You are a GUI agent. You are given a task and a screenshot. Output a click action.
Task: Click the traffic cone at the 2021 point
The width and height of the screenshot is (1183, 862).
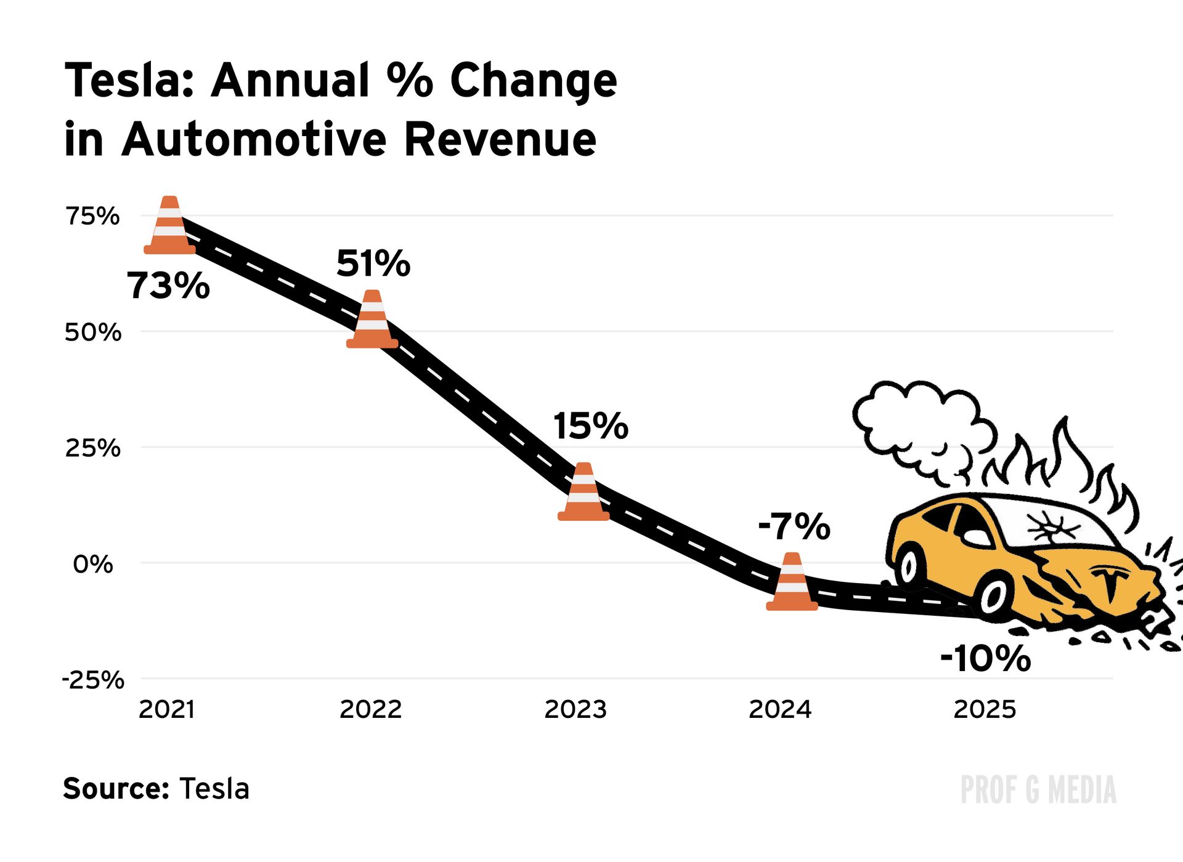[169, 226]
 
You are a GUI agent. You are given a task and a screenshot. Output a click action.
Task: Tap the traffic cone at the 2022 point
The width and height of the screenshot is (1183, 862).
[372, 320]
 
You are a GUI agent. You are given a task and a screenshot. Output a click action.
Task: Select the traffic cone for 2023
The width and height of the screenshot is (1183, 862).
[583, 493]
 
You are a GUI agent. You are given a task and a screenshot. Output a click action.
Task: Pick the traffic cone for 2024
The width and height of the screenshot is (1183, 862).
[792, 582]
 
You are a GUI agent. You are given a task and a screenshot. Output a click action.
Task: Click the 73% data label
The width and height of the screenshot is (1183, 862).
[168, 286]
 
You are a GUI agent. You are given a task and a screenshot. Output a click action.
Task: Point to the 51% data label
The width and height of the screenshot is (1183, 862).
[373, 264]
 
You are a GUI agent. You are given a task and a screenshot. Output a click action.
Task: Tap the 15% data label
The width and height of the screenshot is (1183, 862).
[590, 426]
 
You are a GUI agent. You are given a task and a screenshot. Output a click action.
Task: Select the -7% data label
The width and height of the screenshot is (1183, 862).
[794, 527]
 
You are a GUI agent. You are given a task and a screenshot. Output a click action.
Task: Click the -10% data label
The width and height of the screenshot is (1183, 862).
[985, 658]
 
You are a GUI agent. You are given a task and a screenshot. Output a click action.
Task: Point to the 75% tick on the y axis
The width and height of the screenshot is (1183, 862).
[92, 216]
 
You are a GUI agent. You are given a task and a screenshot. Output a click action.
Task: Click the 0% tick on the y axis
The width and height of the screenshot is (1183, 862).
[93, 564]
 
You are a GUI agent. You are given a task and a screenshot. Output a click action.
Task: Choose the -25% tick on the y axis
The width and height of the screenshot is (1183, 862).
[93, 680]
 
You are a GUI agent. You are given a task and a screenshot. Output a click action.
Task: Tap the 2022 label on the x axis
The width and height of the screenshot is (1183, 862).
[370, 709]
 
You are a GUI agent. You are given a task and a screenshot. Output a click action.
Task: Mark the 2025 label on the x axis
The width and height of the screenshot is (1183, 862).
[984, 709]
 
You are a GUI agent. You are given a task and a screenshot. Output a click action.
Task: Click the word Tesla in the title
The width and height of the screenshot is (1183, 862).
[129, 81]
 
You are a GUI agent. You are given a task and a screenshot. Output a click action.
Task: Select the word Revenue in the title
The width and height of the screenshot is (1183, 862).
[500, 139]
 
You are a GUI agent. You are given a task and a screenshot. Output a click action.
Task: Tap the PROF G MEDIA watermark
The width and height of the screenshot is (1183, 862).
[1038, 790]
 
